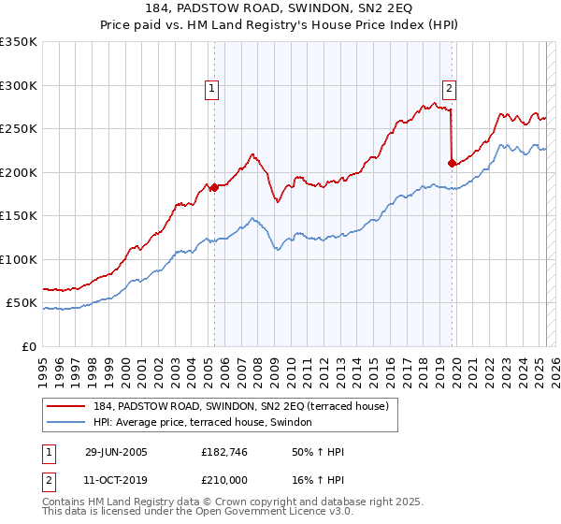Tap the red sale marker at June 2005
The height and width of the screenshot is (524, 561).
click(214, 187)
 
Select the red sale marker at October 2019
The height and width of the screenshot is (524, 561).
click(452, 163)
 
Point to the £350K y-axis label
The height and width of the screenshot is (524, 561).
click(19, 42)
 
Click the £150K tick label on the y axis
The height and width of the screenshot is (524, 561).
click(19, 215)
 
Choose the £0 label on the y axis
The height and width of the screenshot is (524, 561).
click(30, 346)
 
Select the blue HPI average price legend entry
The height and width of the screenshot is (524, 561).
click(207, 423)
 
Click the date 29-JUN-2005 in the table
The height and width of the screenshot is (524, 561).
click(116, 452)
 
